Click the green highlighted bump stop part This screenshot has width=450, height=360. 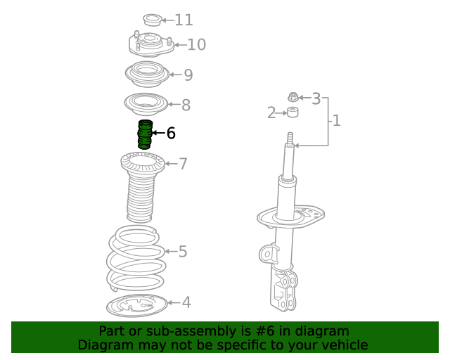click(x=145, y=134)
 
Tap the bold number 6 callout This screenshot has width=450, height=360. click(x=171, y=133)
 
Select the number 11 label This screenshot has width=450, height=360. click(x=184, y=20)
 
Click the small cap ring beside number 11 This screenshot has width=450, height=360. click(x=153, y=20)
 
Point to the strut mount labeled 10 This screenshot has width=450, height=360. click(x=151, y=44)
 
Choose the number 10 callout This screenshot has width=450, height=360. click(x=197, y=44)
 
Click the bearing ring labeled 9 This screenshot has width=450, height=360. click(x=147, y=74)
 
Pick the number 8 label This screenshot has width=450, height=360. click(x=186, y=105)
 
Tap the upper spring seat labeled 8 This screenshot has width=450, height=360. click(x=146, y=104)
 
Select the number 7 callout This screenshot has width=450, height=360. click(x=183, y=164)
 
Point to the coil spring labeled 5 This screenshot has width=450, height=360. click(x=136, y=258)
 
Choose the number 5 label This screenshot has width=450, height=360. click(x=183, y=252)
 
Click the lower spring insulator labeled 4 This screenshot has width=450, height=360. click(x=136, y=305)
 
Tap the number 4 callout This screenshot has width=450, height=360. click(x=186, y=302)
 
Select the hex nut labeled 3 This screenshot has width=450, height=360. click(x=292, y=97)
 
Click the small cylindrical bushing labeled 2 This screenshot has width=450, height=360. click(x=292, y=112)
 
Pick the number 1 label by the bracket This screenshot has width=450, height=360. click(x=336, y=120)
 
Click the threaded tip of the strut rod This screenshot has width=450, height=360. click(x=290, y=138)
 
